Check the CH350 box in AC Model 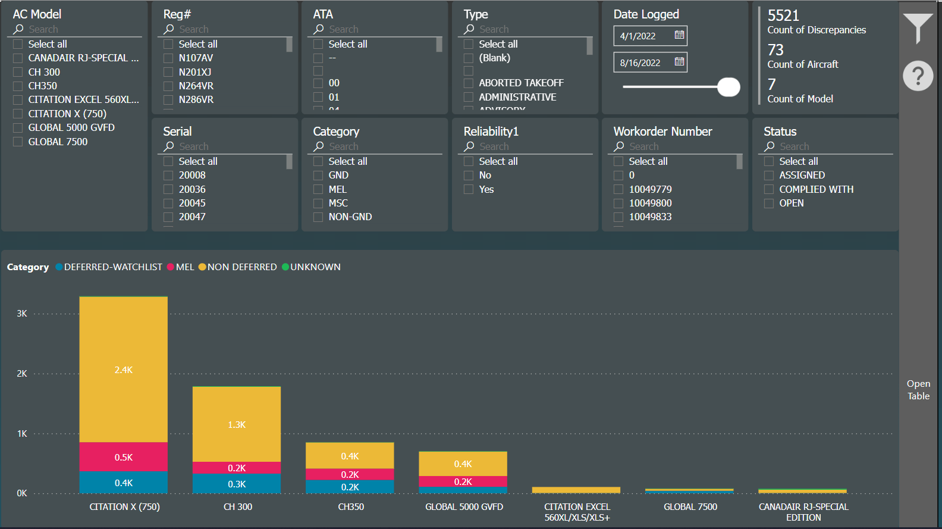[18, 86]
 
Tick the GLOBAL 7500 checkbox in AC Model [18, 142]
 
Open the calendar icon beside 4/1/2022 [679, 35]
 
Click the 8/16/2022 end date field [641, 62]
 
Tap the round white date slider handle [729, 87]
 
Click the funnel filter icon [918, 28]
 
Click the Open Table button [918, 390]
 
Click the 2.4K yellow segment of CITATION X [124, 370]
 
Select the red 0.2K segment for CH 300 [237, 468]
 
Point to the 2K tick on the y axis [22, 374]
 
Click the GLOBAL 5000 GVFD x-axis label [464, 507]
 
